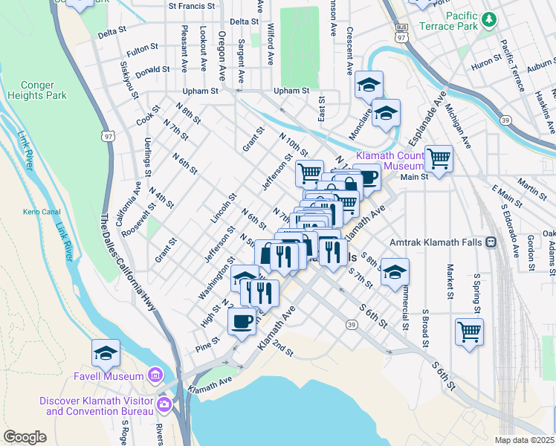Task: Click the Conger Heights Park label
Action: [x=37, y=90]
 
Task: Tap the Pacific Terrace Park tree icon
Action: [x=488, y=19]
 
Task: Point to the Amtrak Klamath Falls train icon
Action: [x=491, y=242]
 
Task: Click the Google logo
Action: [x=25, y=437]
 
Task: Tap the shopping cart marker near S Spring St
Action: [x=469, y=331]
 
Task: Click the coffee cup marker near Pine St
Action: [x=242, y=321]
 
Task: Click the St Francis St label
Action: [x=191, y=5]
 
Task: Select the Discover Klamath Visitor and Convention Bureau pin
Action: [x=164, y=406]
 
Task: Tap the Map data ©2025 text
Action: [x=525, y=440]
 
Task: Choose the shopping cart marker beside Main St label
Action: [x=439, y=158]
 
